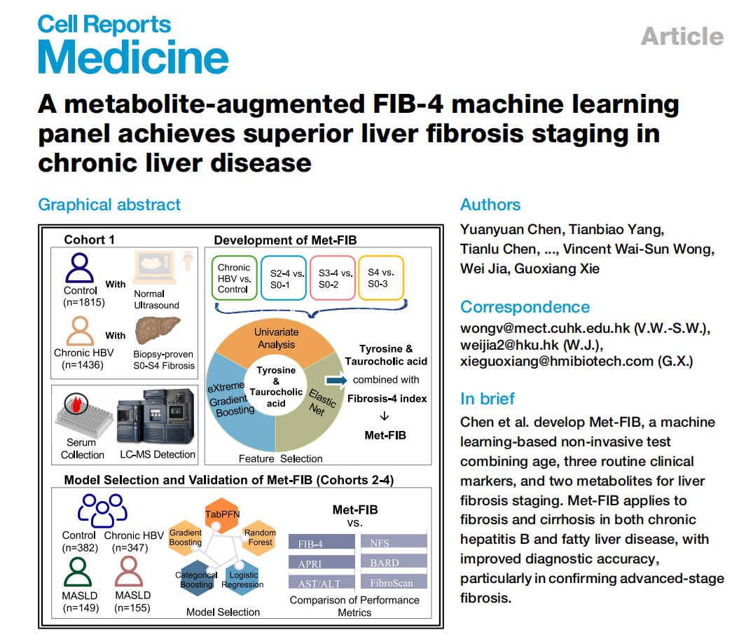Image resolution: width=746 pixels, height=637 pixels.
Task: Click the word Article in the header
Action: (682, 36)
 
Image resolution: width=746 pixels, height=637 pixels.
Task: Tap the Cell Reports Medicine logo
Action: (132, 44)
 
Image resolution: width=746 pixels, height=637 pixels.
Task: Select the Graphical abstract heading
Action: (109, 205)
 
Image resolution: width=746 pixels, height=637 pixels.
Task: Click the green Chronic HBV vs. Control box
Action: (234, 278)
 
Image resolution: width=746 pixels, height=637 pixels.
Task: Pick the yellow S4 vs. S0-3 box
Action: (381, 278)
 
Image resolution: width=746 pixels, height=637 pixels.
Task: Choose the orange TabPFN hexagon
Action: (222, 513)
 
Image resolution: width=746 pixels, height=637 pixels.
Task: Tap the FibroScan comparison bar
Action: (393, 582)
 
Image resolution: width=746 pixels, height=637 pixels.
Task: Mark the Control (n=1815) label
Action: (81, 296)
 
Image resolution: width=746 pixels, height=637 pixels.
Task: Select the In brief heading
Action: (488, 399)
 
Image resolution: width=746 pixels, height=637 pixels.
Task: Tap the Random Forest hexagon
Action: (260, 537)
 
